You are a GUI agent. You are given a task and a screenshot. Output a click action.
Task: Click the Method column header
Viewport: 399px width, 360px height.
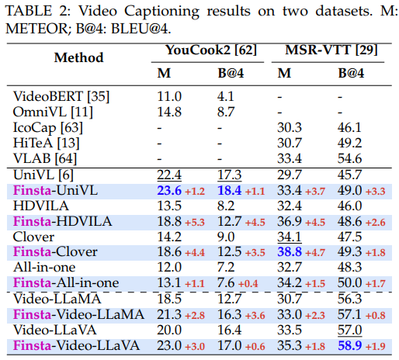click(78, 57)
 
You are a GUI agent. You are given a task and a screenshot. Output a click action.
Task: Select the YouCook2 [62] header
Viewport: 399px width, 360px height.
click(211, 50)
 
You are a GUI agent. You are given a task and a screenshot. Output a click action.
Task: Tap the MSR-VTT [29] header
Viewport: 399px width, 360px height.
click(331, 50)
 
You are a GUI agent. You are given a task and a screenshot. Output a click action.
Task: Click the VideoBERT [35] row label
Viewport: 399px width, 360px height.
click(61, 97)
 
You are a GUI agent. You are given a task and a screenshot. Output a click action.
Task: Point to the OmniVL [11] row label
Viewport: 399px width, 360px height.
click(53, 112)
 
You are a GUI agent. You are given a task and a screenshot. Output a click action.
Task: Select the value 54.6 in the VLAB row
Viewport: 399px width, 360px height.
click(349, 158)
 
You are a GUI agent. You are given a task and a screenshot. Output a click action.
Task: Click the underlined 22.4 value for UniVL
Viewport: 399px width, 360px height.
click(169, 175)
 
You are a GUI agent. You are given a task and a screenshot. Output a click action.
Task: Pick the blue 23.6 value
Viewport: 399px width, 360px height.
click(169, 191)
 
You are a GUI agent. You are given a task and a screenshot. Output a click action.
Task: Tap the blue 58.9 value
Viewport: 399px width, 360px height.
click(349, 345)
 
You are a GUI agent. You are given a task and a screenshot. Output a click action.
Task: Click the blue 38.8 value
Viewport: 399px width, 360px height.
click(290, 251)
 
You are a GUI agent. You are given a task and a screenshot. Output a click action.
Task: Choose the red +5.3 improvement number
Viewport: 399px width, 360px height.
click(195, 223)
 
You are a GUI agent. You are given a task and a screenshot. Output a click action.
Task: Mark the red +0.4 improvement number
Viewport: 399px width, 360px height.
click(248, 284)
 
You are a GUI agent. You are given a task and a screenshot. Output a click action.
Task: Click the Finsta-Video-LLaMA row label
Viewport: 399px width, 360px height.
click(78, 314)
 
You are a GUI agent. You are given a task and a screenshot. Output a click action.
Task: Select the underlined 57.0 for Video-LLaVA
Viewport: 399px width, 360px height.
click(349, 330)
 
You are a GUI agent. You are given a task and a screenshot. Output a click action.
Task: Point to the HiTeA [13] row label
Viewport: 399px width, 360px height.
click(46, 143)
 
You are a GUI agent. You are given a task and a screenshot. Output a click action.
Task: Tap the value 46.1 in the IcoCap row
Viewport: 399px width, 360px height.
click(349, 127)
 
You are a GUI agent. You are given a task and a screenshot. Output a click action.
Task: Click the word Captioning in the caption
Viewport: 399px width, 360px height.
click(161, 12)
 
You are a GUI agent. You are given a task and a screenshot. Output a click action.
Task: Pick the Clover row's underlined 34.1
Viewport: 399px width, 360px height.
click(290, 237)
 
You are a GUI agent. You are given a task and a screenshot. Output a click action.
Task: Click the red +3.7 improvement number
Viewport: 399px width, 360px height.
click(315, 192)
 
